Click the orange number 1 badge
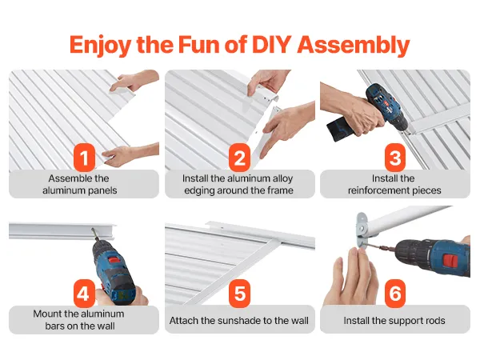tap(84, 158)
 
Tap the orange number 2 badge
tap(240, 158)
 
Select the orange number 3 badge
tap(395, 158)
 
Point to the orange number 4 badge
tap(84, 294)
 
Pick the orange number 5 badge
tap(240, 294)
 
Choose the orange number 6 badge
tap(395, 294)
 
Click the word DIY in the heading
tap(271, 45)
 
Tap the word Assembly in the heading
tap(354, 46)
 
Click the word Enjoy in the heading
tap(100, 46)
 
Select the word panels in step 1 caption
tap(102, 190)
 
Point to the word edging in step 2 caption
tap(199, 190)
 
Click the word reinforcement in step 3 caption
tap(378, 190)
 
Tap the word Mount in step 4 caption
tap(47, 314)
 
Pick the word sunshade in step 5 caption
tap(231, 321)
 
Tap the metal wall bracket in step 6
tap(362, 230)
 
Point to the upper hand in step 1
tap(134, 81)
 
